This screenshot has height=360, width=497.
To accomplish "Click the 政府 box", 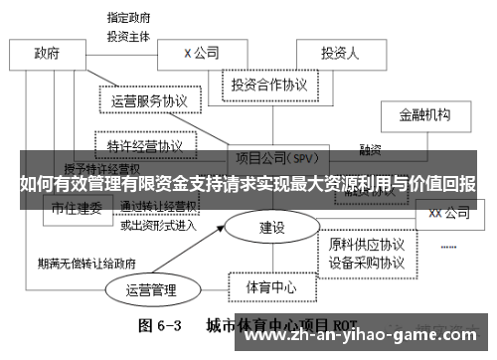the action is point(46,53).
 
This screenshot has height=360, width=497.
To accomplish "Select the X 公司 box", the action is point(202,53).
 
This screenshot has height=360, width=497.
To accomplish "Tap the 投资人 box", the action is point(339,53).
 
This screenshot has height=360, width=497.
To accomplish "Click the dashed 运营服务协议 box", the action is point(150,101).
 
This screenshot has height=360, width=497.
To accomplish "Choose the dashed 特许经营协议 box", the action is point(145,145).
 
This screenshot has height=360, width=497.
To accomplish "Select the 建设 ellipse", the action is point(271,228).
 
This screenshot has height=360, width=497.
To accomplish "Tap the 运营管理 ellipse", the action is point(151,290).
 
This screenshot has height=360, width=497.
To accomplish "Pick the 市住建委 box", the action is point(77,208).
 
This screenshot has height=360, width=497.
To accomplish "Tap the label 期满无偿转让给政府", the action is point(84,265).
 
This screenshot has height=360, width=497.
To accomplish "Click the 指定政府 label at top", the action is point(130,17).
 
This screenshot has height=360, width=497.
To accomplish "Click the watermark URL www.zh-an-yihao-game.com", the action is point(367,334).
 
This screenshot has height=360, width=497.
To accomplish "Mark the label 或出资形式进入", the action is point(159,225).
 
